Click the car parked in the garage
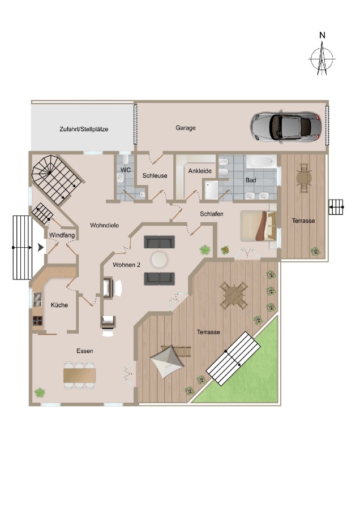[286, 126]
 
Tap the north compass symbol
[322, 57]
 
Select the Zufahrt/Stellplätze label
[84, 129]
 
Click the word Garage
[185, 128]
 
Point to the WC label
[125, 170]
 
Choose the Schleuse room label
[155, 175]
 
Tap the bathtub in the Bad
[261, 163]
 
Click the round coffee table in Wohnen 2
[159, 260]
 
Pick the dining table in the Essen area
[80, 375]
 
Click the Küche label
[59, 305]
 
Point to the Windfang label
[60, 235]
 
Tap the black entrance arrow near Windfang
[40, 247]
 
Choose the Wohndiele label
[104, 225]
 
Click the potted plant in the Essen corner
[40, 391]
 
